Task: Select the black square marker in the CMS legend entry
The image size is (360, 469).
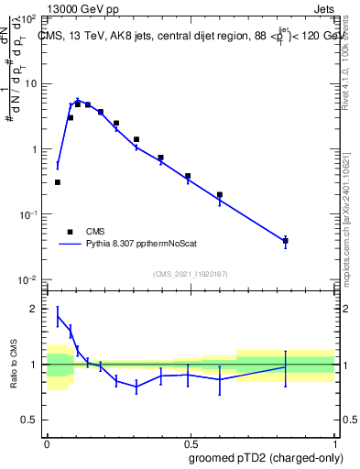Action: [69, 232]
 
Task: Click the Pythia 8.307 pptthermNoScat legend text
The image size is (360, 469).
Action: [149, 245]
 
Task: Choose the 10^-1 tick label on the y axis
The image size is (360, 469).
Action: [30, 214]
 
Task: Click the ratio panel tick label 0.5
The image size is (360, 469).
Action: [32, 420]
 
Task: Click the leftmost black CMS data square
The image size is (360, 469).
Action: [58, 182]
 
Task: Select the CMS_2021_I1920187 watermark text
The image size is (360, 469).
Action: [190, 274]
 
